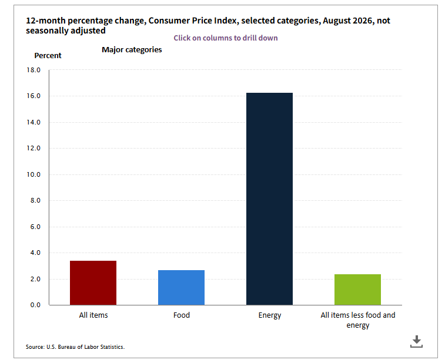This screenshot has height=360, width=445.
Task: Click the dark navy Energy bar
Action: pos(269,198)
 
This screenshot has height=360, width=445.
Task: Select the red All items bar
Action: pos(93,283)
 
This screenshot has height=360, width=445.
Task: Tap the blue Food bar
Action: pos(181,287)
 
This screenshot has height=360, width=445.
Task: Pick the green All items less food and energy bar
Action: pos(357,290)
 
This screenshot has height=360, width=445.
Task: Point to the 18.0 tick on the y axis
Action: pos(34,70)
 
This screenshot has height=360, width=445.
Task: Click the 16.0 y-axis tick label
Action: pos(34,96)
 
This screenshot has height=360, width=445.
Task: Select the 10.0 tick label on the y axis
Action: pos(34,174)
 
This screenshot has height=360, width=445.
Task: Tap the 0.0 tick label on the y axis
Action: pos(35,305)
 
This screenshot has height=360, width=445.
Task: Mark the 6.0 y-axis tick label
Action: pos(35,227)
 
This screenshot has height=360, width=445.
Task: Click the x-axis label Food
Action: pos(182,315)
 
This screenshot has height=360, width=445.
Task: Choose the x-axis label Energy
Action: pos(270,315)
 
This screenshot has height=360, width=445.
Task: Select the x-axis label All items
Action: pos(93,315)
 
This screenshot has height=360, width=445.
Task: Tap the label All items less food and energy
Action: pos(358,320)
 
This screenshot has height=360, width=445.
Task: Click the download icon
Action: pos(416,341)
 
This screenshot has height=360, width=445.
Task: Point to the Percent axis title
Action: pos(48,56)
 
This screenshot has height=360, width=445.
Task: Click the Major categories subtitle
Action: pos(132,50)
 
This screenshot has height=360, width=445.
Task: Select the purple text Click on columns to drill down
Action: pos(226,38)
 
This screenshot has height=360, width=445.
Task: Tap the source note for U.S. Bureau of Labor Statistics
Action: pos(75,347)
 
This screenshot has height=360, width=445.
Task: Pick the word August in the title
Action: pos(337,21)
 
